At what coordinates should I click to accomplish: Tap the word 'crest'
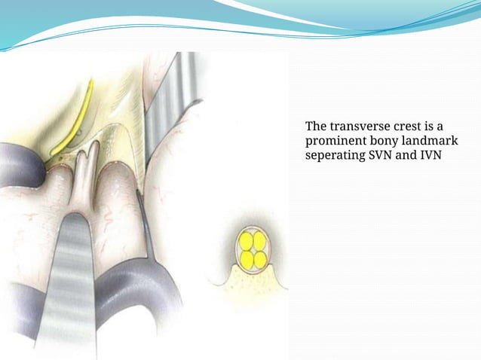coord(404,126)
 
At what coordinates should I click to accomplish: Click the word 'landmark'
coord(431,141)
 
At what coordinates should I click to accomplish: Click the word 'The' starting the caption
coord(316,126)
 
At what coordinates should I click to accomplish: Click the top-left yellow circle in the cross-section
coord(246,243)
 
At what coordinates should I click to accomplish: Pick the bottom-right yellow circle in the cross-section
coord(260,259)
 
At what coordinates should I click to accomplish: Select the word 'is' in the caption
coord(435,126)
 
